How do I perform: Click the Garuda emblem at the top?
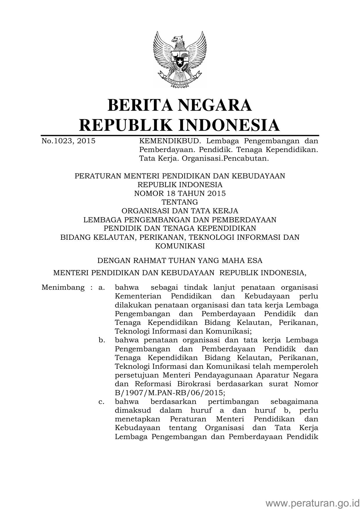180,60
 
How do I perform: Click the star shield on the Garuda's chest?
179,62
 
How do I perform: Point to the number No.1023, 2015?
69,141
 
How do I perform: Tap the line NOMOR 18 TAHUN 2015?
180,194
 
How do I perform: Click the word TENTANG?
180,202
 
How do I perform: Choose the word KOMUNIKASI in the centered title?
180,246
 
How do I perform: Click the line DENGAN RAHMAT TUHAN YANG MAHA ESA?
180,261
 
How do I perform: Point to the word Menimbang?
63,288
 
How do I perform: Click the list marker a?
101,288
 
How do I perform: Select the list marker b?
101,340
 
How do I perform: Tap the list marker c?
101,402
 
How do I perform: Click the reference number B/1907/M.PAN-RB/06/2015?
170,393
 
